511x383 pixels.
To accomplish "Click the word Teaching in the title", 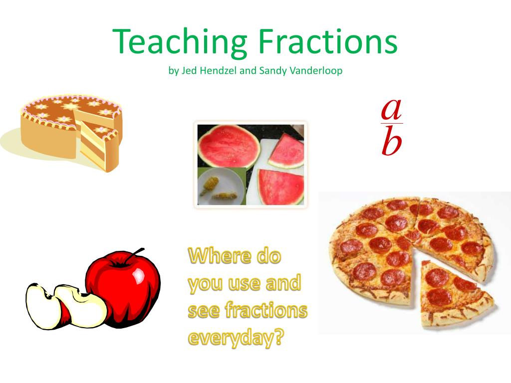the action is pos(180,42).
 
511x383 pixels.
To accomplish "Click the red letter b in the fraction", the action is pos(391,140).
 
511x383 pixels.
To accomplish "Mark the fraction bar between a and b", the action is pos(392,123).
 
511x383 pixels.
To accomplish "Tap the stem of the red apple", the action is pos(135,253).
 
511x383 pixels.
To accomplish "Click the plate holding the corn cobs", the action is pos(221,188).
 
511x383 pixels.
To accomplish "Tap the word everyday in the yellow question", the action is pos(232,338).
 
